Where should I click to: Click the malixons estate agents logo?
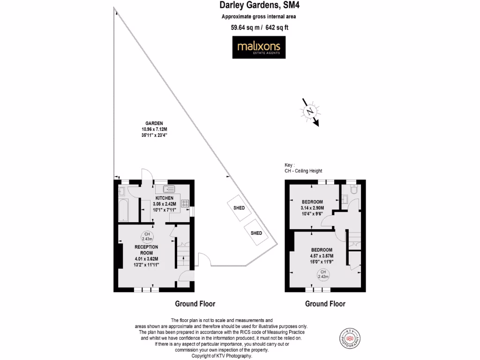click(x=259, y=48)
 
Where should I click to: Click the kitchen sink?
click(x=169, y=189)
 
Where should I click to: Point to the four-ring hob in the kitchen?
click(x=185, y=204)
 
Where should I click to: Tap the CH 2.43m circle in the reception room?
click(x=147, y=237)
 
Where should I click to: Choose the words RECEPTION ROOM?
click(x=146, y=250)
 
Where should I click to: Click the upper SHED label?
click(x=239, y=208)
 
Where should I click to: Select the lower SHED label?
click(x=256, y=233)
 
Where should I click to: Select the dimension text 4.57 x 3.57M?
click(x=321, y=256)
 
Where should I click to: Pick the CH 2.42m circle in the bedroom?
click(x=323, y=274)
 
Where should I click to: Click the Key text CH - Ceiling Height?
click(x=303, y=171)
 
